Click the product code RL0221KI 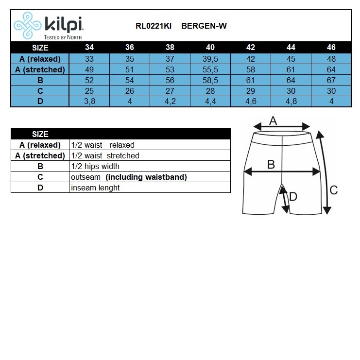(x=154, y=26)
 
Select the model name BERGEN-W (x=204, y=26)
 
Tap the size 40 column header (x=210, y=48)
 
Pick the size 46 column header (x=331, y=48)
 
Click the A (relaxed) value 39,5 (x=210, y=59)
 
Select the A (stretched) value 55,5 (x=210, y=69)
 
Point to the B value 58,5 (x=210, y=80)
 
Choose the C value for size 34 (x=89, y=91)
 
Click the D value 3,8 (x=89, y=101)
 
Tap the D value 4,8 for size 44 (x=291, y=101)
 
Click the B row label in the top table (x=40, y=80)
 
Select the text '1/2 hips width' (x=95, y=166)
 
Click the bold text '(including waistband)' (x=146, y=177)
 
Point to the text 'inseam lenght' (x=95, y=188)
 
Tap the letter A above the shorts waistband (x=273, y=120)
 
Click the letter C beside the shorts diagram (x=334, y=190)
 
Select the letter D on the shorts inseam (x=293, y=196)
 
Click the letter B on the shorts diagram (x=271, y=164)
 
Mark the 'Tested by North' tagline (x=63, y=37)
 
